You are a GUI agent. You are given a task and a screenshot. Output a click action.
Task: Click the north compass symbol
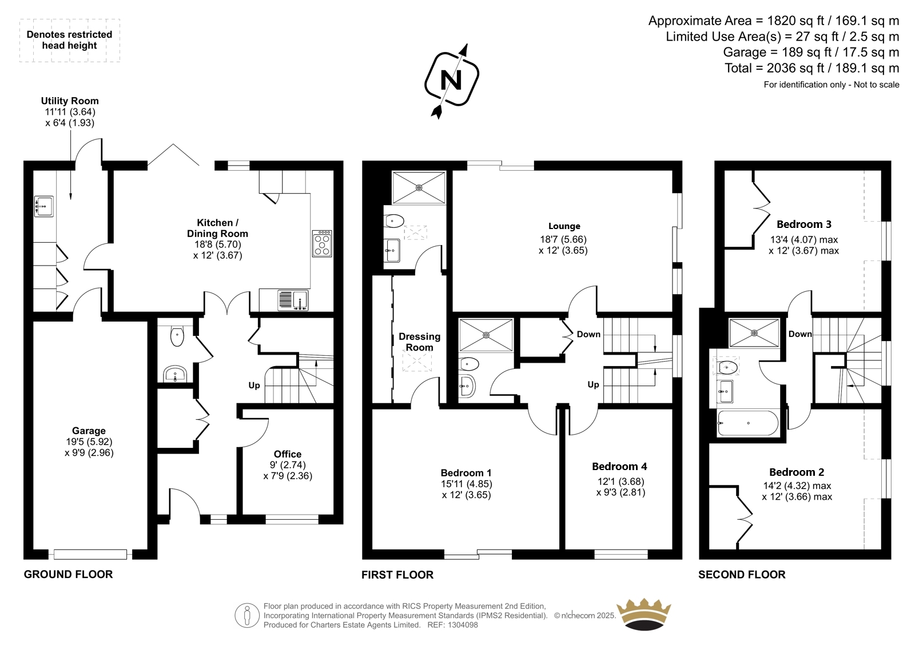tap(451, 81)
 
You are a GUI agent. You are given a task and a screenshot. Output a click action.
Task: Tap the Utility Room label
tap(69, 101)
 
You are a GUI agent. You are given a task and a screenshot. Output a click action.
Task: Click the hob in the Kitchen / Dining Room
tap(322, 244)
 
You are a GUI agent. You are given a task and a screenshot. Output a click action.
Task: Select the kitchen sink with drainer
tap(293, 300)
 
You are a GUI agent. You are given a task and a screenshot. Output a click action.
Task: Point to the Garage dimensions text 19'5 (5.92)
tap(89, 442)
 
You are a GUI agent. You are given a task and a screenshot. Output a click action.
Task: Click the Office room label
tap(288, 454)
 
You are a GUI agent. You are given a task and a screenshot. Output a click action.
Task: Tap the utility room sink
tap(43, 206)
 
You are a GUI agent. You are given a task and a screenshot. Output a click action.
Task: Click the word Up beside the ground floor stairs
tap(254, 386)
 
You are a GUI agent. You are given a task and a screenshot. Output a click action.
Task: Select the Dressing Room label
tap(420, 342)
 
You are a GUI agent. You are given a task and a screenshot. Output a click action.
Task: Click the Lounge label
tap(564, 226)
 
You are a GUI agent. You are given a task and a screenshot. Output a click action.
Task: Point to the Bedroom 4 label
tap(620, 466)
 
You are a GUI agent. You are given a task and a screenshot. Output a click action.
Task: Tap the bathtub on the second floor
tap(748, 423)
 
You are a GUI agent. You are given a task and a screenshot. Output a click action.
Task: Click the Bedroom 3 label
tap(804, 224)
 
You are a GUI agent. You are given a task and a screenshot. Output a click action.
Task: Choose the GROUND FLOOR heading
tap(68, 574)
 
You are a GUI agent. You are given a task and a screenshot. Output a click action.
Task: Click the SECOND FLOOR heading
tap(742, 575)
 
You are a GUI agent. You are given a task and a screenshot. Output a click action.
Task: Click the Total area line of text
tap(811, 68)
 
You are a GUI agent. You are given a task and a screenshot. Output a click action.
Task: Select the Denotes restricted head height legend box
tap(69, 41)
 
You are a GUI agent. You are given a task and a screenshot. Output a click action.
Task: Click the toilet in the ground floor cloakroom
tap(177, 336)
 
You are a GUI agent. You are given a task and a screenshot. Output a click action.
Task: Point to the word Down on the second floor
tap(800, 334)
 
